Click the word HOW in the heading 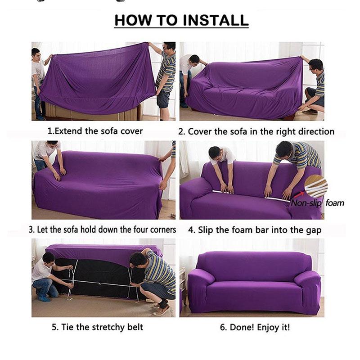(x=131, y=20)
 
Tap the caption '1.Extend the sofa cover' (x=95, y=131)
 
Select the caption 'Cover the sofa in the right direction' (x=256, y=132)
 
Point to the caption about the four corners (x=102, y=229)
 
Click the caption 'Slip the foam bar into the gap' (x=254, y=230)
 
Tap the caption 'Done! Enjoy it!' (x=255, y=327)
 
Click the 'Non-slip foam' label (x=317, y=203)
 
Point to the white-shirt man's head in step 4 (x=215, y=153)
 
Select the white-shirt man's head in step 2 (x=194, y=59)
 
